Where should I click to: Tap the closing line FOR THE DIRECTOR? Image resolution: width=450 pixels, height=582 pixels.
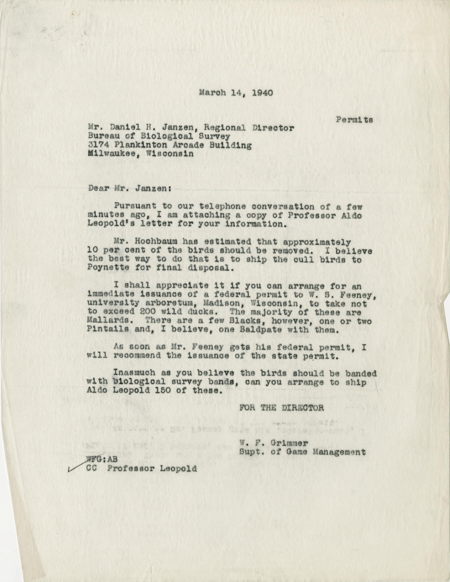tap(282, 408)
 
